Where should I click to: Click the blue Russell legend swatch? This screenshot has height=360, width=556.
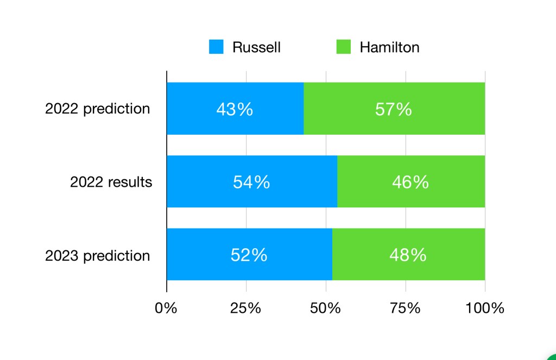[x=216, y=47]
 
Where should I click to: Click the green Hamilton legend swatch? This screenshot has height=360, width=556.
[x=344, y=47]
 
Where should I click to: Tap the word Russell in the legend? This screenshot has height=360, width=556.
[x=256, y=47]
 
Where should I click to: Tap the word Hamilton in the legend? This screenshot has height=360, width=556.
[x=389, y=47]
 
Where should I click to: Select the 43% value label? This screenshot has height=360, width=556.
[x=235, y=109]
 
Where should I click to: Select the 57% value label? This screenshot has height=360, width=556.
[x=394, y=109]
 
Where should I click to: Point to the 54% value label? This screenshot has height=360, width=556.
[x=251, y=182]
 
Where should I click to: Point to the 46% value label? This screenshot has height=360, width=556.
[x=410, y=182]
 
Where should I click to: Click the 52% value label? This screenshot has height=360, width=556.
[x=249, y=255]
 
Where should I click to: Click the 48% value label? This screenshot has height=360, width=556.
[x=408, y=255]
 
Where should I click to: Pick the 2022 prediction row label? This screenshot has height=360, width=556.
[x=97, y=109]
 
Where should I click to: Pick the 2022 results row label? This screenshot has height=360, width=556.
[x=111, y=181]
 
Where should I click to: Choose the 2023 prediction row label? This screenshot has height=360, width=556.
[x=97, y=255]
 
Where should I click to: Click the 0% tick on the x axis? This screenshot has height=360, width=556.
[x=166, y=308]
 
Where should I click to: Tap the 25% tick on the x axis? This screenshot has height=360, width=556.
[x=246, y=308]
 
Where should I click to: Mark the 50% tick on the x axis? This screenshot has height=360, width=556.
[x=325, y=308]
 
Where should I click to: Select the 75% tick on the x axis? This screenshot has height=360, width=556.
[x=405, y=308]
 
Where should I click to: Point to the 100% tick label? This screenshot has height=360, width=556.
[x=484, y=308]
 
